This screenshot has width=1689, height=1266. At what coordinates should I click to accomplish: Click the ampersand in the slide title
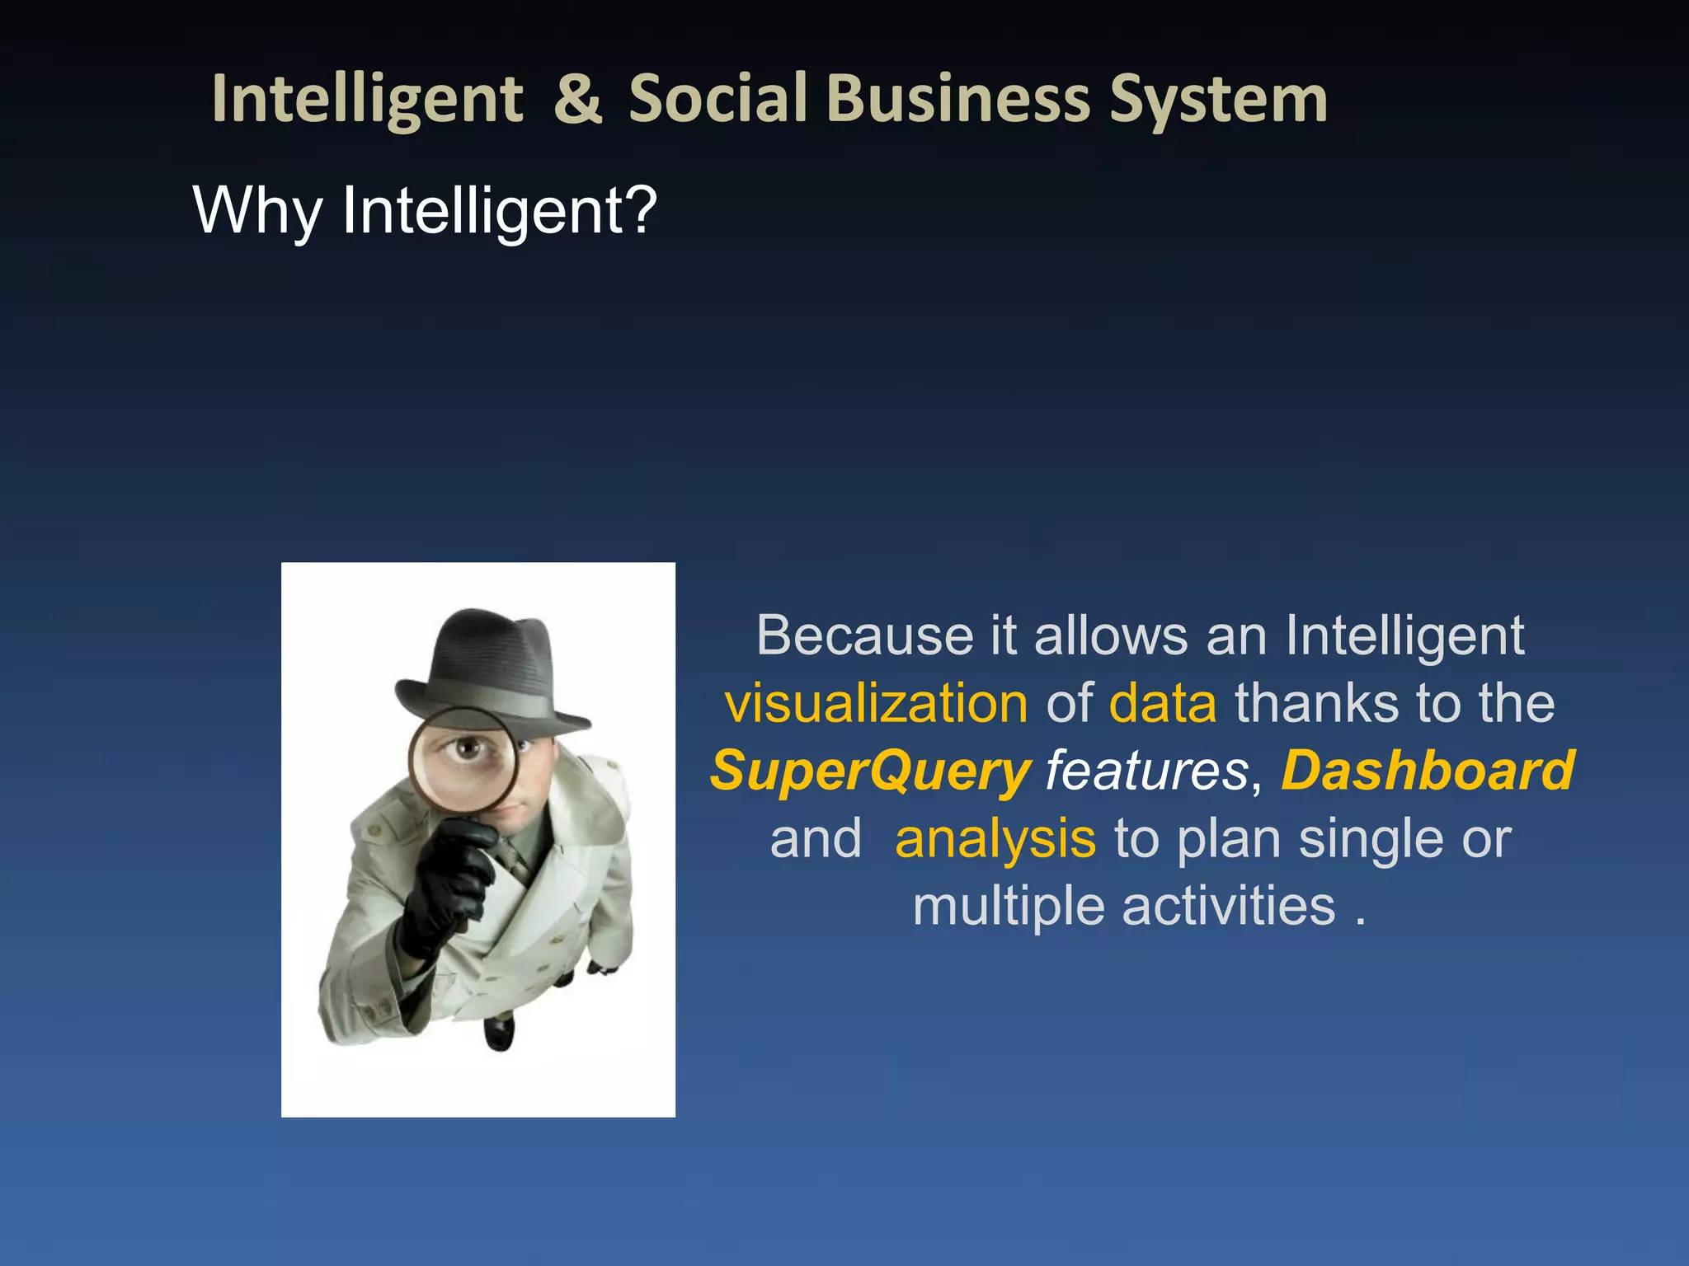coord(577,99)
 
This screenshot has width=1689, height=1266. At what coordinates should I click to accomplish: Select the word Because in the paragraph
coord(866,635)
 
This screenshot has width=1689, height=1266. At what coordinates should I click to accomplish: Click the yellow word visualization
coord(876,704)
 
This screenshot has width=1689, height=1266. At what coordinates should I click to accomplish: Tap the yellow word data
coord(1163,704)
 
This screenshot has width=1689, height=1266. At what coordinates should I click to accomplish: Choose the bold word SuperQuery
coord(871,771)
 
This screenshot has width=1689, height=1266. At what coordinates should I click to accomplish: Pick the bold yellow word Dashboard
coord(1428,771)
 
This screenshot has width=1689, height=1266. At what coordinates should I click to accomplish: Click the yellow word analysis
coord(995,839)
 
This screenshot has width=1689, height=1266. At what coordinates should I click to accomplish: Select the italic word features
coord(1146,771)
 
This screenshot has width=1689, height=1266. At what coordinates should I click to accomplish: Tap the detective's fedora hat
coord(487,668)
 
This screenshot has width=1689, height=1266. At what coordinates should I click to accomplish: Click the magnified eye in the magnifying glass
coord(467,748)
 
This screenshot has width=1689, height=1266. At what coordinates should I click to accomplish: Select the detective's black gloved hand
coord(449,882)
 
